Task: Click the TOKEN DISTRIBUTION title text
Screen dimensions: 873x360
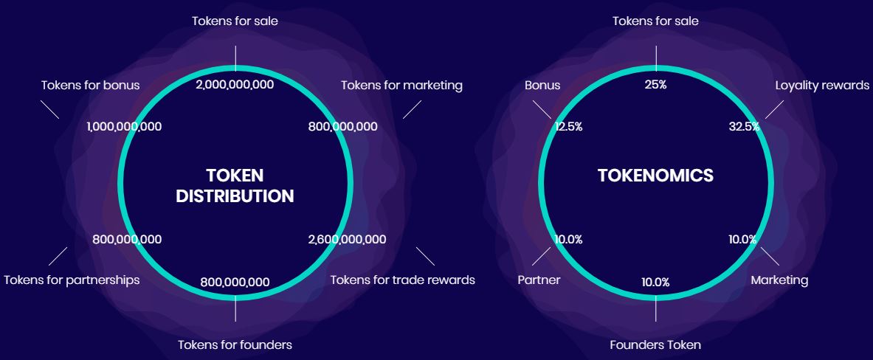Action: pyautogui.click(x=235, y=186)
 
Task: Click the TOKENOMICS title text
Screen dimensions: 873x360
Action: pyautogui.click(x=655, y=176)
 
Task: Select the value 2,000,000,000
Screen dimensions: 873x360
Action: pyautogui.click(x=235, y=85)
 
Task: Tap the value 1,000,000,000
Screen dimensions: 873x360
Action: pyautogui.click(x=124, y=127)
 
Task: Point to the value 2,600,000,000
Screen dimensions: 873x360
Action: pyautogui.click(x=347, y=240)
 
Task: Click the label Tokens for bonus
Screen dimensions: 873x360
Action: pyautogui.click(x=90, y=85)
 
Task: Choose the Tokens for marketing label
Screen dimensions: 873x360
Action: pyautogui.click(x=401, y=85)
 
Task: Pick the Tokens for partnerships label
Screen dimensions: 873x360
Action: pyautogui.click(x=72, y=280)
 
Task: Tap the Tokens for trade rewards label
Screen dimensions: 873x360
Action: pyautogui.click(x=402, y=280)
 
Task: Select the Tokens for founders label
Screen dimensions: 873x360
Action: pyautogui.click(x=235, y=345)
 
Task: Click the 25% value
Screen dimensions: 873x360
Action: pyautogui.click(x=655, y=85)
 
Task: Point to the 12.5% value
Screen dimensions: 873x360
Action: pyautogui.click(x=568, y=127)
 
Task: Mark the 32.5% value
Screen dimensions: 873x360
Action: pyautogui.click(x=744, y=127)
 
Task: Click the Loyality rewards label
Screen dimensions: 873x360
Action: pyautogui.click(x=822, y=85)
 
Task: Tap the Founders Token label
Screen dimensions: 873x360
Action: pyautogui.click(x=655, y=345)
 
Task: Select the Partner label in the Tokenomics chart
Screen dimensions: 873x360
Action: pyautogui.click(x=539, y=280)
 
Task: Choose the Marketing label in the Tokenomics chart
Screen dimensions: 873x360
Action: pyautogui.click(x=779, y=280)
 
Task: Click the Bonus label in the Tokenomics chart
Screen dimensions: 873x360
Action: pyautogui.click(x=542, y=85)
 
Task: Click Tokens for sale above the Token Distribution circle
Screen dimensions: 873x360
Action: pyautogui.click(x=235, y=21)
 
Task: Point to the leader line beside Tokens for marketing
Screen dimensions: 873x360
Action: pyautogui.click(x=412, y=109)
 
